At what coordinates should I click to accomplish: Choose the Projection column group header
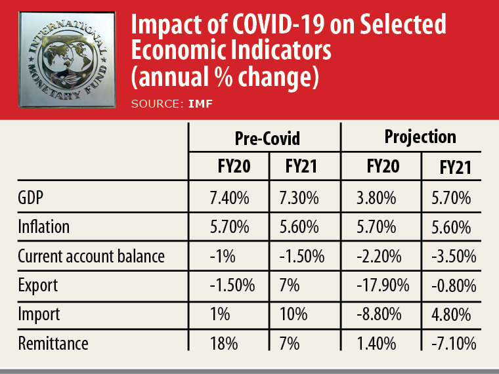(x=420, y=136)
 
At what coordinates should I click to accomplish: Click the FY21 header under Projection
(x=455, y=169)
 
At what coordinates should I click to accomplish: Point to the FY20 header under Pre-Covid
(x=229, y=167)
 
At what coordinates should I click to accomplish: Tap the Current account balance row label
(x=91, y=256)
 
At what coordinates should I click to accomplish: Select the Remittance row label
(x=53, y=343)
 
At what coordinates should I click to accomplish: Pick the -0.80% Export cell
(x=452, y=285)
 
